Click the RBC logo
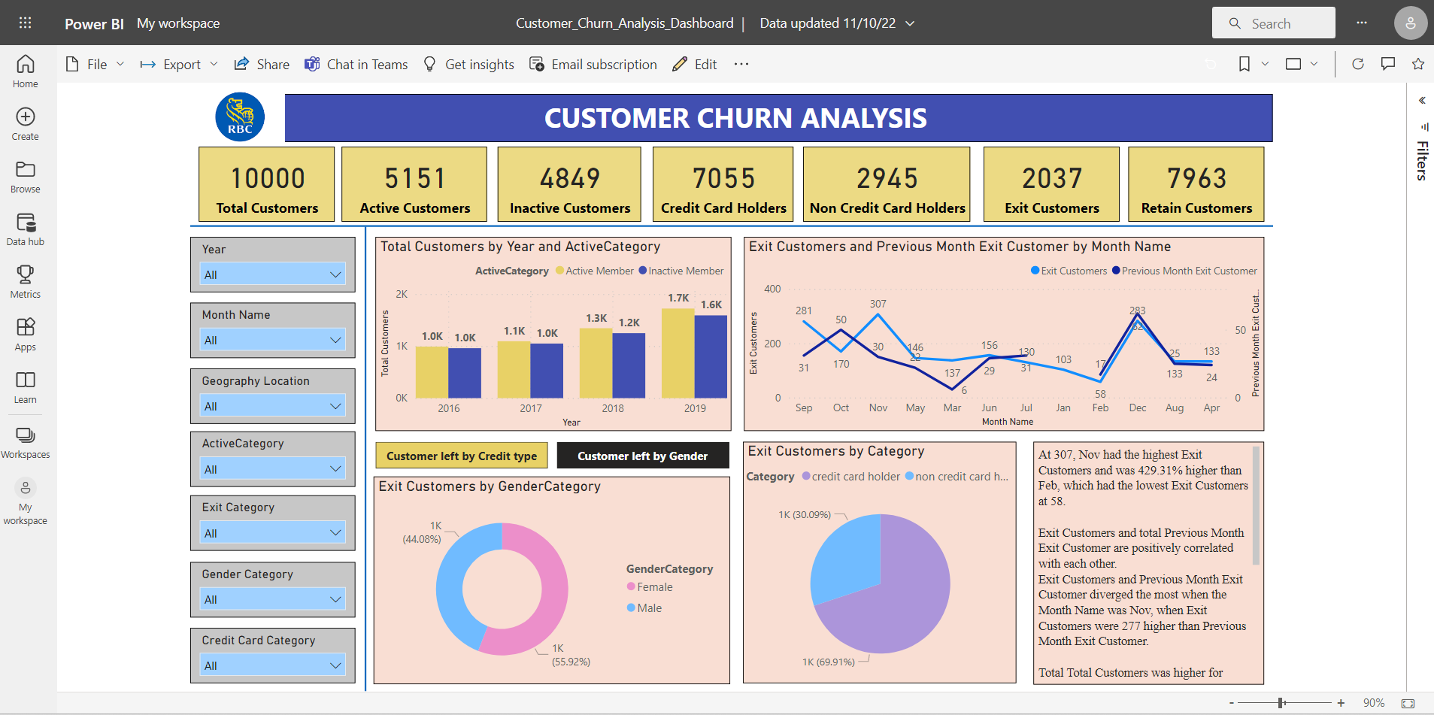pyautogui.click(x=240, y=117)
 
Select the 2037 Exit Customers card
pyautogui.click(x=1050, y=184)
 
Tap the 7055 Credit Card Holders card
pyautogui.click(x=723, y=184)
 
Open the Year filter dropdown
pyautogui.click(x=273, y=274)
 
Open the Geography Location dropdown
pyautogui.click(x=273, y=406)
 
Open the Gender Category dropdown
pyautogui.click(x=273, y=599)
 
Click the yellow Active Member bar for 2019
pyautogui.click(x=678, y=353)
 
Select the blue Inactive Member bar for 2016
pyautogui.click(x=465, y=373)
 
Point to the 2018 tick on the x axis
pyautogui.click(x=613, y=408)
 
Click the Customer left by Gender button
pyautogui.click(x=642, y=456)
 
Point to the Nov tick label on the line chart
pyautogui.click(x=878, y=407)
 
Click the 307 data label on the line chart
pyautogui.click(x=878, y=304)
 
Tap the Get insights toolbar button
pyautogui.click(x=469, y=65)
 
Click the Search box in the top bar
pyautogui.click(x=1273, y=23)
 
